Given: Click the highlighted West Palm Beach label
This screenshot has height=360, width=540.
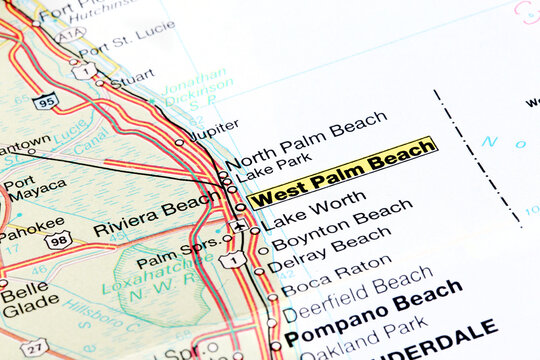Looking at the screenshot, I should click(342, 172).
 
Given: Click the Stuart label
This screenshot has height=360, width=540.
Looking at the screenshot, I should click(133, 77).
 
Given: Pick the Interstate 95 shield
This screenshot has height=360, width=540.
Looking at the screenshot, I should click(44, 100).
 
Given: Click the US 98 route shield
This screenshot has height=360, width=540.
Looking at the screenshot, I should click(57, 241).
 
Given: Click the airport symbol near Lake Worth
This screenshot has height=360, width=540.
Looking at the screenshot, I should click(238, 225).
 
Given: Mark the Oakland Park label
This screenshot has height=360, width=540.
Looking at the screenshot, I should click(365, 341).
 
